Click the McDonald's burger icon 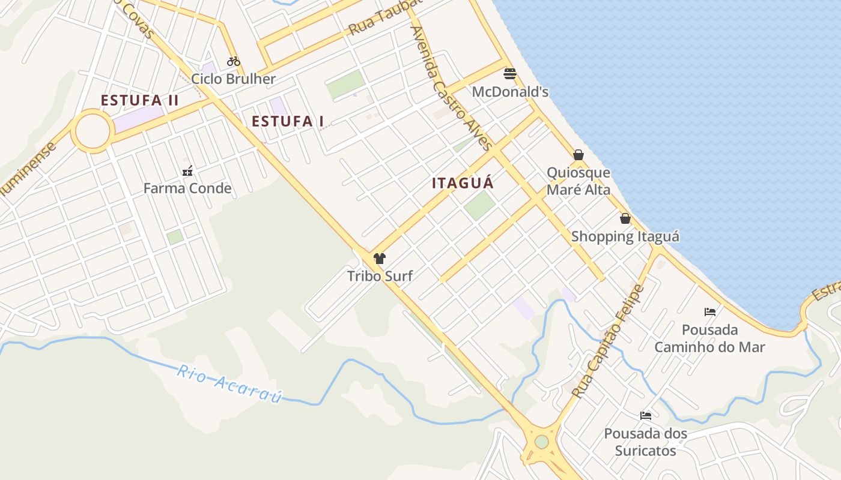click(510, 74)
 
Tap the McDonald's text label click(510, 92)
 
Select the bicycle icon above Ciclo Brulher click(234, 61)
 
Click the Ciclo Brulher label click(233, 79)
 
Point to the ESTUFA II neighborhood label click(139, 100)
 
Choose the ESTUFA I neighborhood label click(288, 121)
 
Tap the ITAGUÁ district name click(463, 183)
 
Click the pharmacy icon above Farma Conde click(187, 171)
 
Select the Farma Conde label click(187, 188)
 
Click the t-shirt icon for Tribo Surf click(379, 259)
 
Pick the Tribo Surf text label click(380, 276)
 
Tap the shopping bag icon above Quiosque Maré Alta click(578, 155)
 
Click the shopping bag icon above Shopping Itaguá click(625, 218)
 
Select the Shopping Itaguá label click(625, 236)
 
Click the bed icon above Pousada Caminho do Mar click(709, 312)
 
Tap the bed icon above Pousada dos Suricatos click(646, 415)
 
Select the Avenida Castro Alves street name click(451, 87)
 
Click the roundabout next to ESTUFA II click(93, 131)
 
